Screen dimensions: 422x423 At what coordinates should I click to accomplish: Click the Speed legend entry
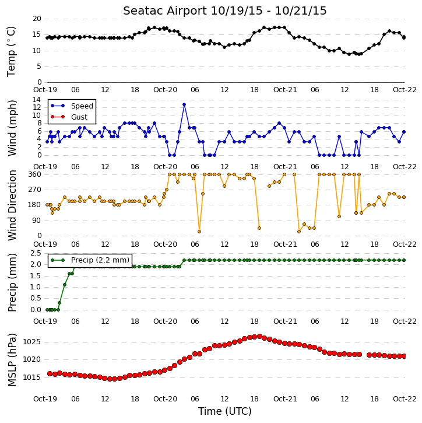pyautogui.click(x=72, y=106)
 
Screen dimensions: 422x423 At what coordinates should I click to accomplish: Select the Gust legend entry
pyautogui.click(x=69, y=117)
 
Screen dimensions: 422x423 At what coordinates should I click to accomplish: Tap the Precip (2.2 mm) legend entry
pyautogui.click(x=90, y=260)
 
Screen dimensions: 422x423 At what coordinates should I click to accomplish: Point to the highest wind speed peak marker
pyautogui.click(x=184, y=104)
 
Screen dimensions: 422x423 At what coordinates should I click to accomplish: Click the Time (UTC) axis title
pyautogui.click(x=225, y=411)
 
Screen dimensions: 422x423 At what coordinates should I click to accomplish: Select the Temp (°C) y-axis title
pyautogui.click(x=11, y=51)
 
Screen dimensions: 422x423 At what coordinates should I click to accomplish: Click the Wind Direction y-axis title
pyautogui.click(x=12, y=205)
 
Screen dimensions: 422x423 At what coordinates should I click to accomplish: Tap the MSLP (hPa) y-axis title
pyautogui.click(x=12, y=360)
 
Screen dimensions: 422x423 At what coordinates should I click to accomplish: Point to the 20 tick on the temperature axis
pyautogui.click(x=37, y=19)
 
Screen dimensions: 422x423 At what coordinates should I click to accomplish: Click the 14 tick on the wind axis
pyautogui.click(x=37, y=100)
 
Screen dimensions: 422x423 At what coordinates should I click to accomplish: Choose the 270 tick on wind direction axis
pyautogui.click(x=34, y=190)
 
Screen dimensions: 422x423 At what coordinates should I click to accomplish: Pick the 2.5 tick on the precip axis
pyautogui.click(x=36, y=253)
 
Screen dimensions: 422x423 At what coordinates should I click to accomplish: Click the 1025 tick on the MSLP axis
pyautogui.click(x=32, y=342)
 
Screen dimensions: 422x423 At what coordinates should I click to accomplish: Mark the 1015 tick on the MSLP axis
pyautogui.click(x=32, y=377)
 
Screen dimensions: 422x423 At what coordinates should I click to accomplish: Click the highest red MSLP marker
pyautogui.click(x=259, y=337)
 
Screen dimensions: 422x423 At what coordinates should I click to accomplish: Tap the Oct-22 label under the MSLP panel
pyautogui.click(x=405, y=398)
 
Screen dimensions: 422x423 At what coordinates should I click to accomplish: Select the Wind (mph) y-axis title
pyautogui.click(x=12, y=128)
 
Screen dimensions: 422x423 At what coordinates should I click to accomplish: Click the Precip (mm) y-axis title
pyautogui.click(x=12, y=283)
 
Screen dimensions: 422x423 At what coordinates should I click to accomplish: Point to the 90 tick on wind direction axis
pyautogui.click(x=37, y=221)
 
